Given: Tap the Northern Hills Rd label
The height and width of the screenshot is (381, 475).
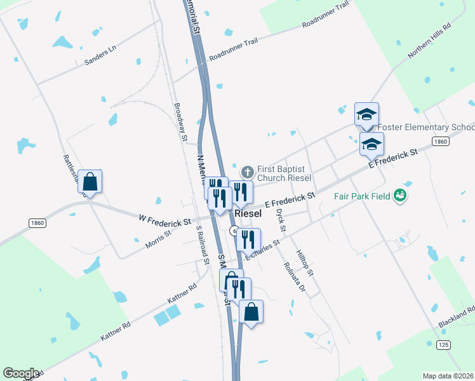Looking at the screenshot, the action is [429, 42].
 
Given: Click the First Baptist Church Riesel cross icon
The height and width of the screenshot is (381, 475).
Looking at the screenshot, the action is [248, 171].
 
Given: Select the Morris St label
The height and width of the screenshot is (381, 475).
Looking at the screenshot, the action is [159, 239].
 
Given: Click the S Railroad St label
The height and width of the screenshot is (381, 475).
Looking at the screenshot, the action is [203, 244].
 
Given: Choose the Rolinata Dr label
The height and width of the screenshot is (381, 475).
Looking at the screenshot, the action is [295, 277].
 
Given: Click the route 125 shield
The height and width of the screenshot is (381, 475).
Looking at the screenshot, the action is [443, 345].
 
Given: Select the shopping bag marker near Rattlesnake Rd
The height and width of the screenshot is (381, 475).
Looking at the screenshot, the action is [90, 182].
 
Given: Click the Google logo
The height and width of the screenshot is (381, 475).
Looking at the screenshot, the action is [21, 373].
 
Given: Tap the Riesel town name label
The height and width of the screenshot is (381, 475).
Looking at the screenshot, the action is [248, 214].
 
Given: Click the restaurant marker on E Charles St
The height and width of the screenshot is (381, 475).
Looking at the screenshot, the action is [248, 239].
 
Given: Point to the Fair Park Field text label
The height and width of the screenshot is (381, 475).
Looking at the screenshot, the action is [362, 196].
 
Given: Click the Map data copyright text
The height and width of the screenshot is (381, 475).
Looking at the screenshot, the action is [448, 376].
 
